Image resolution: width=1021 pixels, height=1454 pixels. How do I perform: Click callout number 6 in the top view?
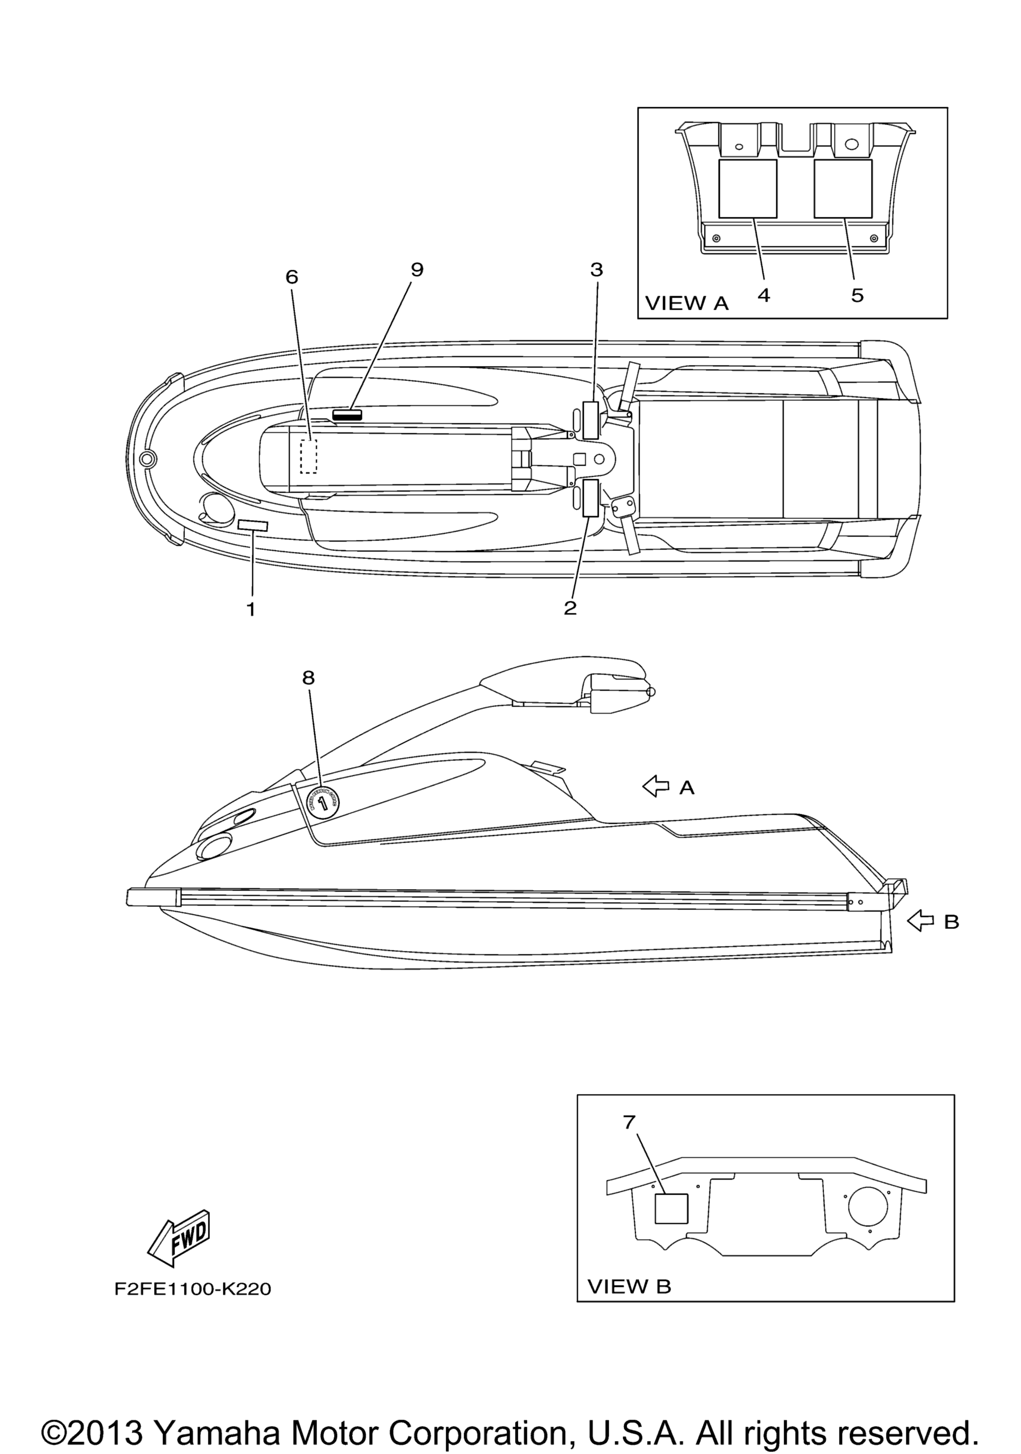(x=291, y=277)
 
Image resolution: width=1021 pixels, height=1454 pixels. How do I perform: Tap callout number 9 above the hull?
(x=416, y=270)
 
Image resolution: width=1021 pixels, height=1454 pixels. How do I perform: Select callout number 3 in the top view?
(x=596, y=270)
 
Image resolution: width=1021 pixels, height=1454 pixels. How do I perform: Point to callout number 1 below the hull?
(x=251, y=609)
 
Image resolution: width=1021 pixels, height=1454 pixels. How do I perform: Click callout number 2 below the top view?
(x=570, y=608)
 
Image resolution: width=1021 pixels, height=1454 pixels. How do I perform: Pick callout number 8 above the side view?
(x=308, y=678)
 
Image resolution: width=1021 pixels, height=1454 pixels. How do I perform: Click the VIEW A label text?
(x=686, y=304)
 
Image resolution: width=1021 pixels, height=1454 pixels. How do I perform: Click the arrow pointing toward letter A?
(x=656, y=787)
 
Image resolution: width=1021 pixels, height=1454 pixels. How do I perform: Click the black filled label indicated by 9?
(x=347, y=414)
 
